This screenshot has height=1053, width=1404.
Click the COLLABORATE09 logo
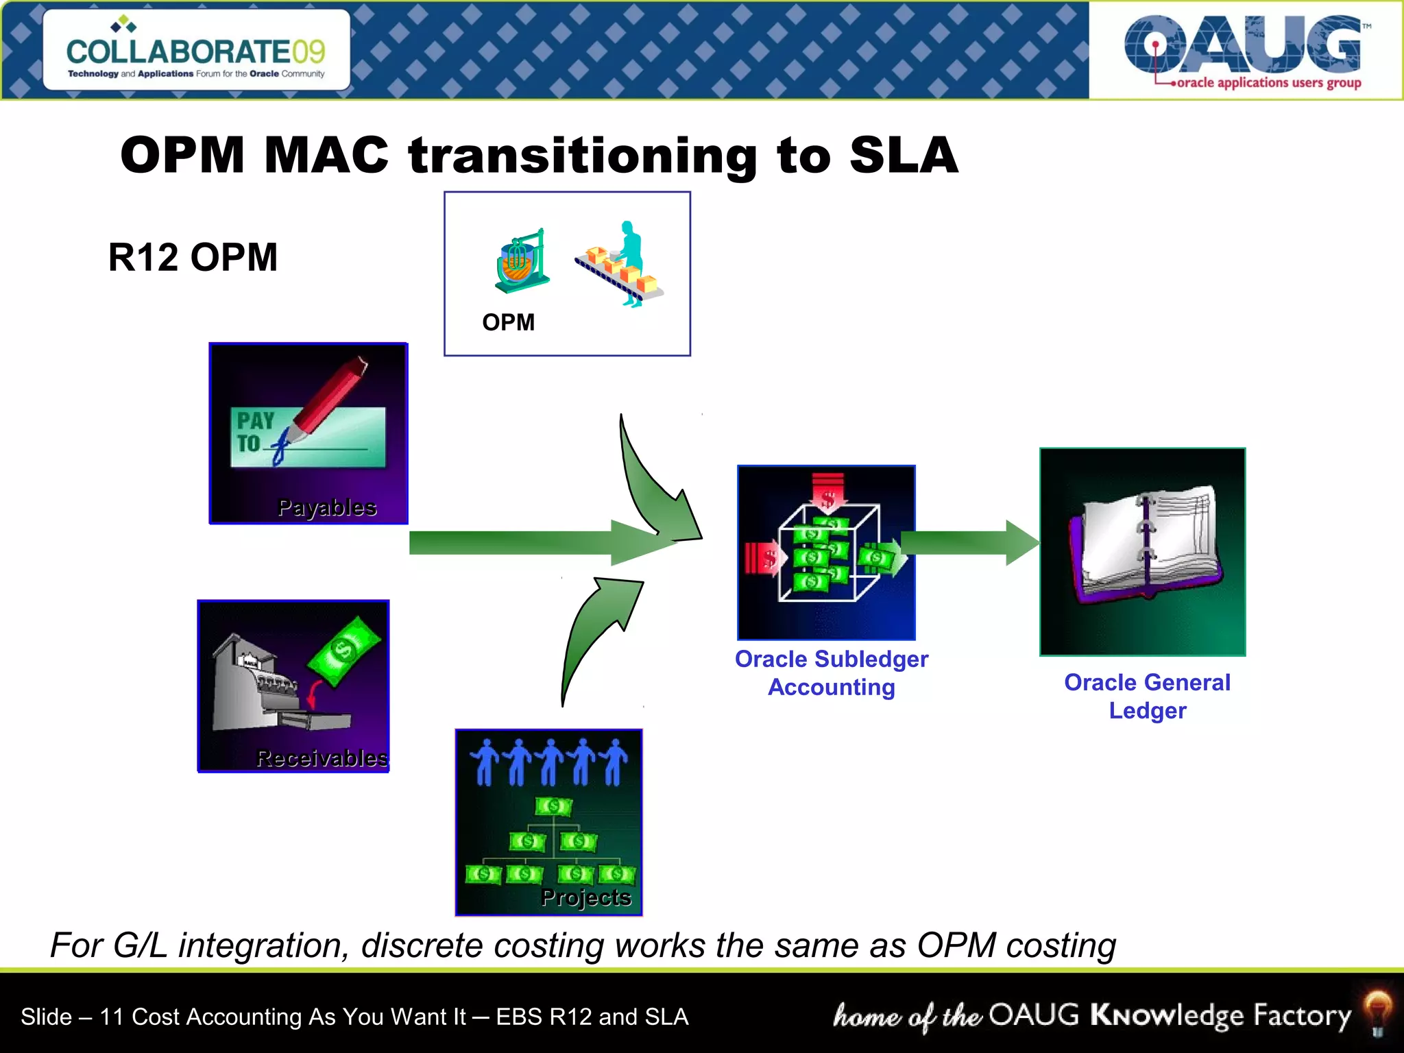pos(196,52)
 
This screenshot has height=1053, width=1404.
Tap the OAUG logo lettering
pos(1242,45)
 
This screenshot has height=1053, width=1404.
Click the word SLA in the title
pos(904,155)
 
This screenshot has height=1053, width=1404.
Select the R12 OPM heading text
pos(193,258)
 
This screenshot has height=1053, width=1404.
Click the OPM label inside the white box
pos(508,322)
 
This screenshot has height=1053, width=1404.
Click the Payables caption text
pos(327,507)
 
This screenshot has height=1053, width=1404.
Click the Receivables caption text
pos(322,758)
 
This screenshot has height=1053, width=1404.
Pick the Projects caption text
pos(585,897)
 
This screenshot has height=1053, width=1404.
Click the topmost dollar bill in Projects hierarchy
pos(553,806)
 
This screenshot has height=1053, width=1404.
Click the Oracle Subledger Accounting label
pos(832,673)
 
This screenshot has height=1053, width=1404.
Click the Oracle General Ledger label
pos(1147,696)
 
